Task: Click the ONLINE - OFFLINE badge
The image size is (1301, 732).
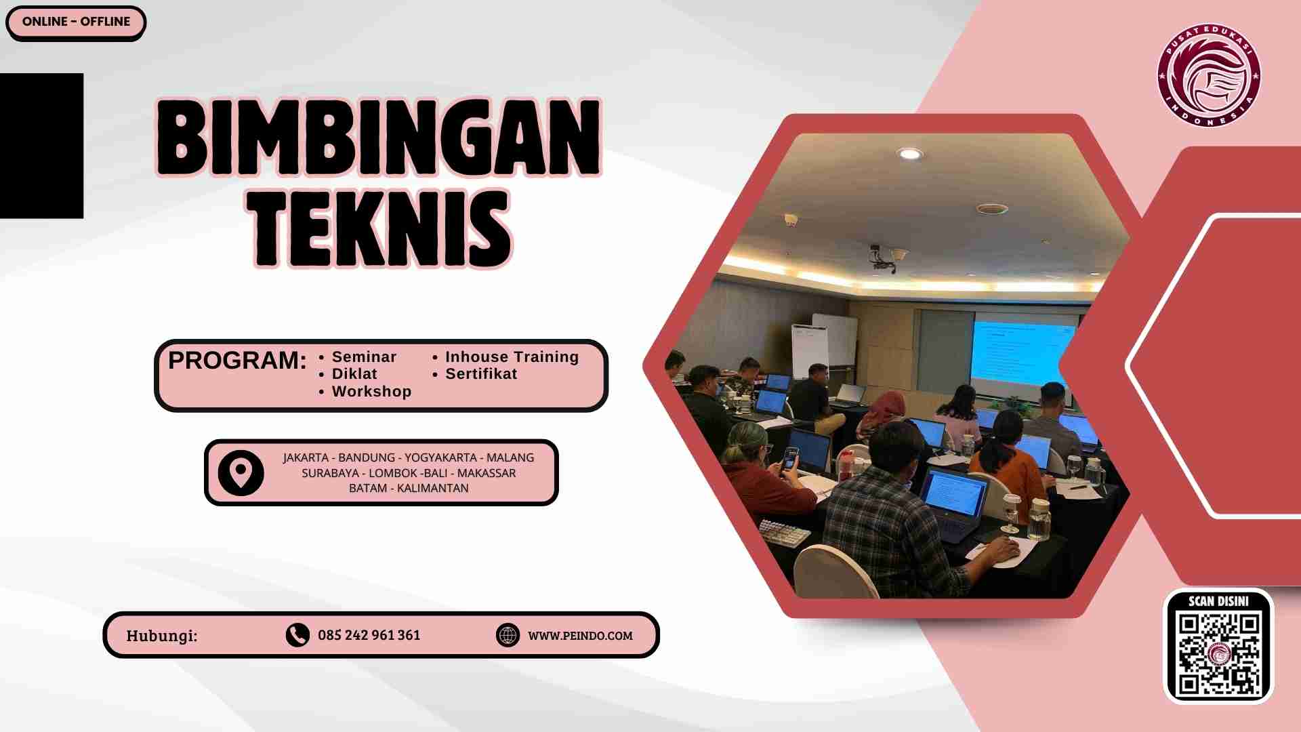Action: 76,22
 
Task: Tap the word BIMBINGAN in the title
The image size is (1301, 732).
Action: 379,138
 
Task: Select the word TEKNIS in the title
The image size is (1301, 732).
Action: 382,228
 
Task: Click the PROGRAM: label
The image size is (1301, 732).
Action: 237,361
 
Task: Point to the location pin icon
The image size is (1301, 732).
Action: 241,472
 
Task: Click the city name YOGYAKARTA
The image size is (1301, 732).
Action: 440,458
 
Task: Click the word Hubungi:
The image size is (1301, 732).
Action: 162,636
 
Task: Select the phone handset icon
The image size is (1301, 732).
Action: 297,635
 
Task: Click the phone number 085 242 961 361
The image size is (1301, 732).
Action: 369,636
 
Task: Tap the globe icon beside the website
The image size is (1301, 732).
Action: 508,635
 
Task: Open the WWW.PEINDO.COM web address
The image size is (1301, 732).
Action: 580,636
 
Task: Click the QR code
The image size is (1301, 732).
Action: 1219,653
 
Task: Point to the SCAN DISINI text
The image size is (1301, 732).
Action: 1218,601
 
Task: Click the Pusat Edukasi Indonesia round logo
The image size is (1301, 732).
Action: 1209,75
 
